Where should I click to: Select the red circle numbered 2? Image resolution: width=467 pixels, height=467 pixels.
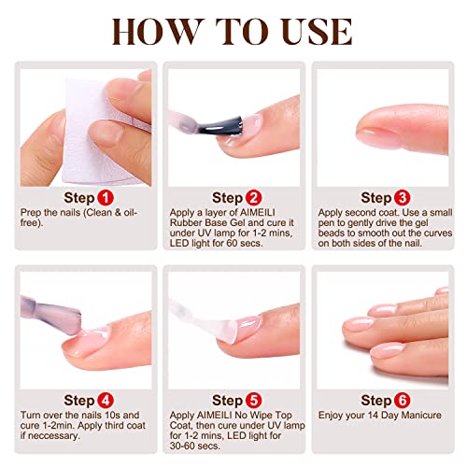point(251,198)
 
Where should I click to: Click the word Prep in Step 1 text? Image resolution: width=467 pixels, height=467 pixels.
point(29,213)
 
